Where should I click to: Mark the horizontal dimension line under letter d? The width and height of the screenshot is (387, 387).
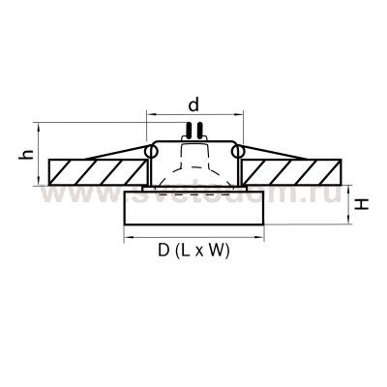[x=193, y=114]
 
